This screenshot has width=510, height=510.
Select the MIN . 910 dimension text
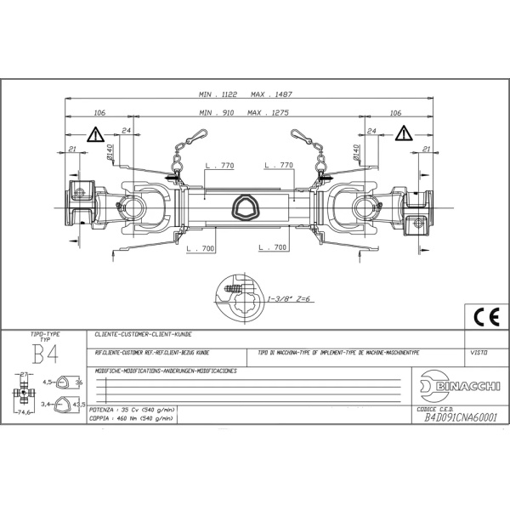tap(217, 112)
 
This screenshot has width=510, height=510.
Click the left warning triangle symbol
tap(93, 134)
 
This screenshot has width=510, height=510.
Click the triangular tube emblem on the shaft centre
tap(247, 205)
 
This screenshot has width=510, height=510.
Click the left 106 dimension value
tap(99, 112)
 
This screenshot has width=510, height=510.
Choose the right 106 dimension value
tap(394, 112)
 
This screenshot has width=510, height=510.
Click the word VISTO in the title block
tap(479, 350)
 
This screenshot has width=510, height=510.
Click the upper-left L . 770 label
tap(220, 165)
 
